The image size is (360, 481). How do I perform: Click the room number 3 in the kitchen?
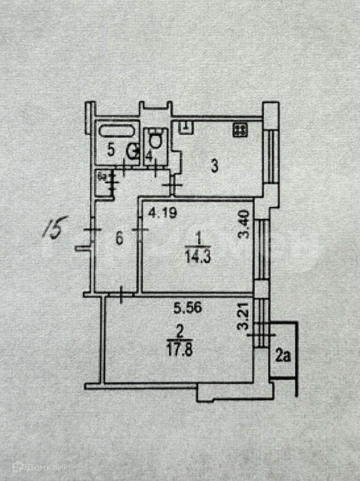tap(214, 166)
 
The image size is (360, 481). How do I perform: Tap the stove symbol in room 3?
tap(240, 129)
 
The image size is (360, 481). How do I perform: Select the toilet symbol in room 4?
tap(156, 140)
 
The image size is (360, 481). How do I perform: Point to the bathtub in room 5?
tap(116, 130)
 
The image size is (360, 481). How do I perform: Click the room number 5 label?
tap(111, 150)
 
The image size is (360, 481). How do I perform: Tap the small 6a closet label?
tap(101, 174)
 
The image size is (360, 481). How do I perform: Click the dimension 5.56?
tap(183, 308)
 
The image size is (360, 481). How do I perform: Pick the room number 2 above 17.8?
tap(179, 332)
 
